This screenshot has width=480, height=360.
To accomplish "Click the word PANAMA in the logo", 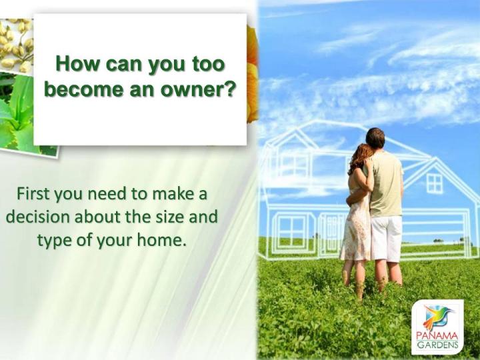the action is pyautogui.click(x=437, y=337).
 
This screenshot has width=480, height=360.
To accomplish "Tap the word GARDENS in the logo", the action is pyautogui.click(x=437, y=345).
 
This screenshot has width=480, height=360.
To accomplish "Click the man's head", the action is pyautogui.click(x=375, y=139).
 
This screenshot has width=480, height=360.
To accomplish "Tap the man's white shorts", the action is pyautogui.click(x=386, y=238).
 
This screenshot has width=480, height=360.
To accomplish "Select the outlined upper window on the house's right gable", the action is pyautogui.click(x=435, y=183).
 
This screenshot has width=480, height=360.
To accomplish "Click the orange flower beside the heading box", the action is pyautogui.click(x=252, y=73).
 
